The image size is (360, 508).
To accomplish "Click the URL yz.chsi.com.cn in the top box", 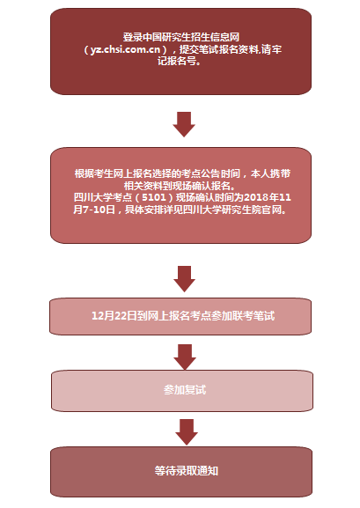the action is (125, 49).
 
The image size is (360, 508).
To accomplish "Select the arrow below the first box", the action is (184, 124).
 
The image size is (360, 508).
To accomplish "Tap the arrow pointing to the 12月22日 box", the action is (184, 279).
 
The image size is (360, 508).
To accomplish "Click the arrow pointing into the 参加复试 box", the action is (185, 357).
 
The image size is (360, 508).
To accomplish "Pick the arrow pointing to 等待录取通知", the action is (187, 432).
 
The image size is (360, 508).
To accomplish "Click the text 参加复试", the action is (185, 390).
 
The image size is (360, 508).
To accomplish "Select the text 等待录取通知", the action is (187, 471).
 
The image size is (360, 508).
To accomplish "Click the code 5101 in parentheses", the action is (154, 197).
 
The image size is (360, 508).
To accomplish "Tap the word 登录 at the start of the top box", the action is (133, 37).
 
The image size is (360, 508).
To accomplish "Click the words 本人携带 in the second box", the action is (270, 173).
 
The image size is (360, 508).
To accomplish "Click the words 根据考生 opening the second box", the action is (94, 173).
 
